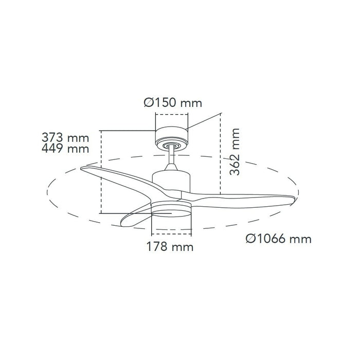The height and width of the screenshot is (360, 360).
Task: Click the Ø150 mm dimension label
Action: tap(172, 103)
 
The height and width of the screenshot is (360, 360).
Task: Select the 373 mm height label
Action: tap(65, 138)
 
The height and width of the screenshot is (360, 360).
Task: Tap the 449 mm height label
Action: tap(65, 150)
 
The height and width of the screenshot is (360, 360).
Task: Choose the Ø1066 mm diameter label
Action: tap(278, 239)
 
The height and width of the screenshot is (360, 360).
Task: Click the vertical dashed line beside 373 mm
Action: tap(102, 172)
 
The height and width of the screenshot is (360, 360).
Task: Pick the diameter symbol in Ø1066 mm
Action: tap(251, 239)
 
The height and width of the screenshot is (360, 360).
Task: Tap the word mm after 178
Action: tap(184, 247)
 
